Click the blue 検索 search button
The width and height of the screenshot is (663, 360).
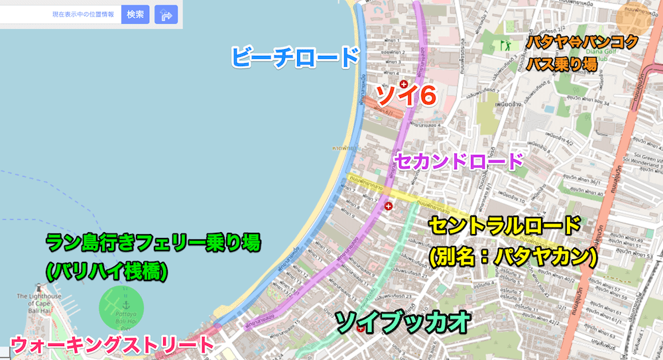click(135, 14)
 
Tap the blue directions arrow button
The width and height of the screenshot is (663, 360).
click(166, 14)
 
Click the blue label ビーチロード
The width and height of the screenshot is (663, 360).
click(294, 57)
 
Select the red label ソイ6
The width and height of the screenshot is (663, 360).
click(406, 96)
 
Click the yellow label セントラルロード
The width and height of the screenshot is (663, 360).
click(505, 226)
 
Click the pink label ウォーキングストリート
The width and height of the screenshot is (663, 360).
click(113, 344)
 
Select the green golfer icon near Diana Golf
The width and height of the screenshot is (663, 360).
click(506, 45)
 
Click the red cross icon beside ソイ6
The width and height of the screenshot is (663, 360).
click(402, 84)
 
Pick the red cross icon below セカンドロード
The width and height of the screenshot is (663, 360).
click(388, 206)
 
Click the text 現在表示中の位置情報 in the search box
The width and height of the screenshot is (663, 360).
click(83, 14)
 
